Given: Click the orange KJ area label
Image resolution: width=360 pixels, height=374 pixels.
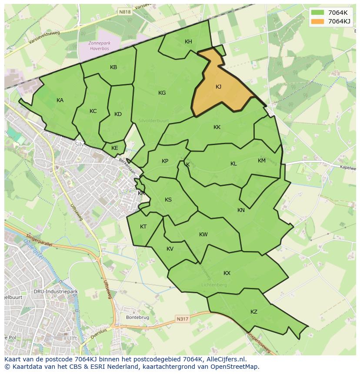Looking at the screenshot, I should coord(218,87).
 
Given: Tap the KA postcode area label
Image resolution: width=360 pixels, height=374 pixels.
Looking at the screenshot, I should coord(60,100).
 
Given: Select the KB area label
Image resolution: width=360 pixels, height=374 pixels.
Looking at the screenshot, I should coord(113,67).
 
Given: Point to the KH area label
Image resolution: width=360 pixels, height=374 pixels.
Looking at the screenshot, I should coord(188,42).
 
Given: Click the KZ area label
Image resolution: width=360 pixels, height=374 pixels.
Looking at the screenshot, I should coord(254,312).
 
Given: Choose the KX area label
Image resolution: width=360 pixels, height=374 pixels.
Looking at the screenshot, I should coord(227,273).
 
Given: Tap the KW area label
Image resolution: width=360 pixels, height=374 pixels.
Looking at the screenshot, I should coord(203,235).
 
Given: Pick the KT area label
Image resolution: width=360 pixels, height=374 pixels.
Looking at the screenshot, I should coord(143,227).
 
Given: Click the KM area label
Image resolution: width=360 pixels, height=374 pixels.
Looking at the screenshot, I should coord(261,161).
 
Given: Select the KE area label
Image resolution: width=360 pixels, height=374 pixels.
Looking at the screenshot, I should coord(115,148).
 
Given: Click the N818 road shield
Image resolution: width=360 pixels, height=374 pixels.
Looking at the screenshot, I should coord(125,13).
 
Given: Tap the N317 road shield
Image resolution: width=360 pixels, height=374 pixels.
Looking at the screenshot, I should coord(183,319).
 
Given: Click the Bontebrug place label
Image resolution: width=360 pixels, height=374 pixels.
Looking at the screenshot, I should coord(137,318).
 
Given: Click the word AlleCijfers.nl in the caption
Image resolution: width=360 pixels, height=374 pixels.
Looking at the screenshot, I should coord(225,360).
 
